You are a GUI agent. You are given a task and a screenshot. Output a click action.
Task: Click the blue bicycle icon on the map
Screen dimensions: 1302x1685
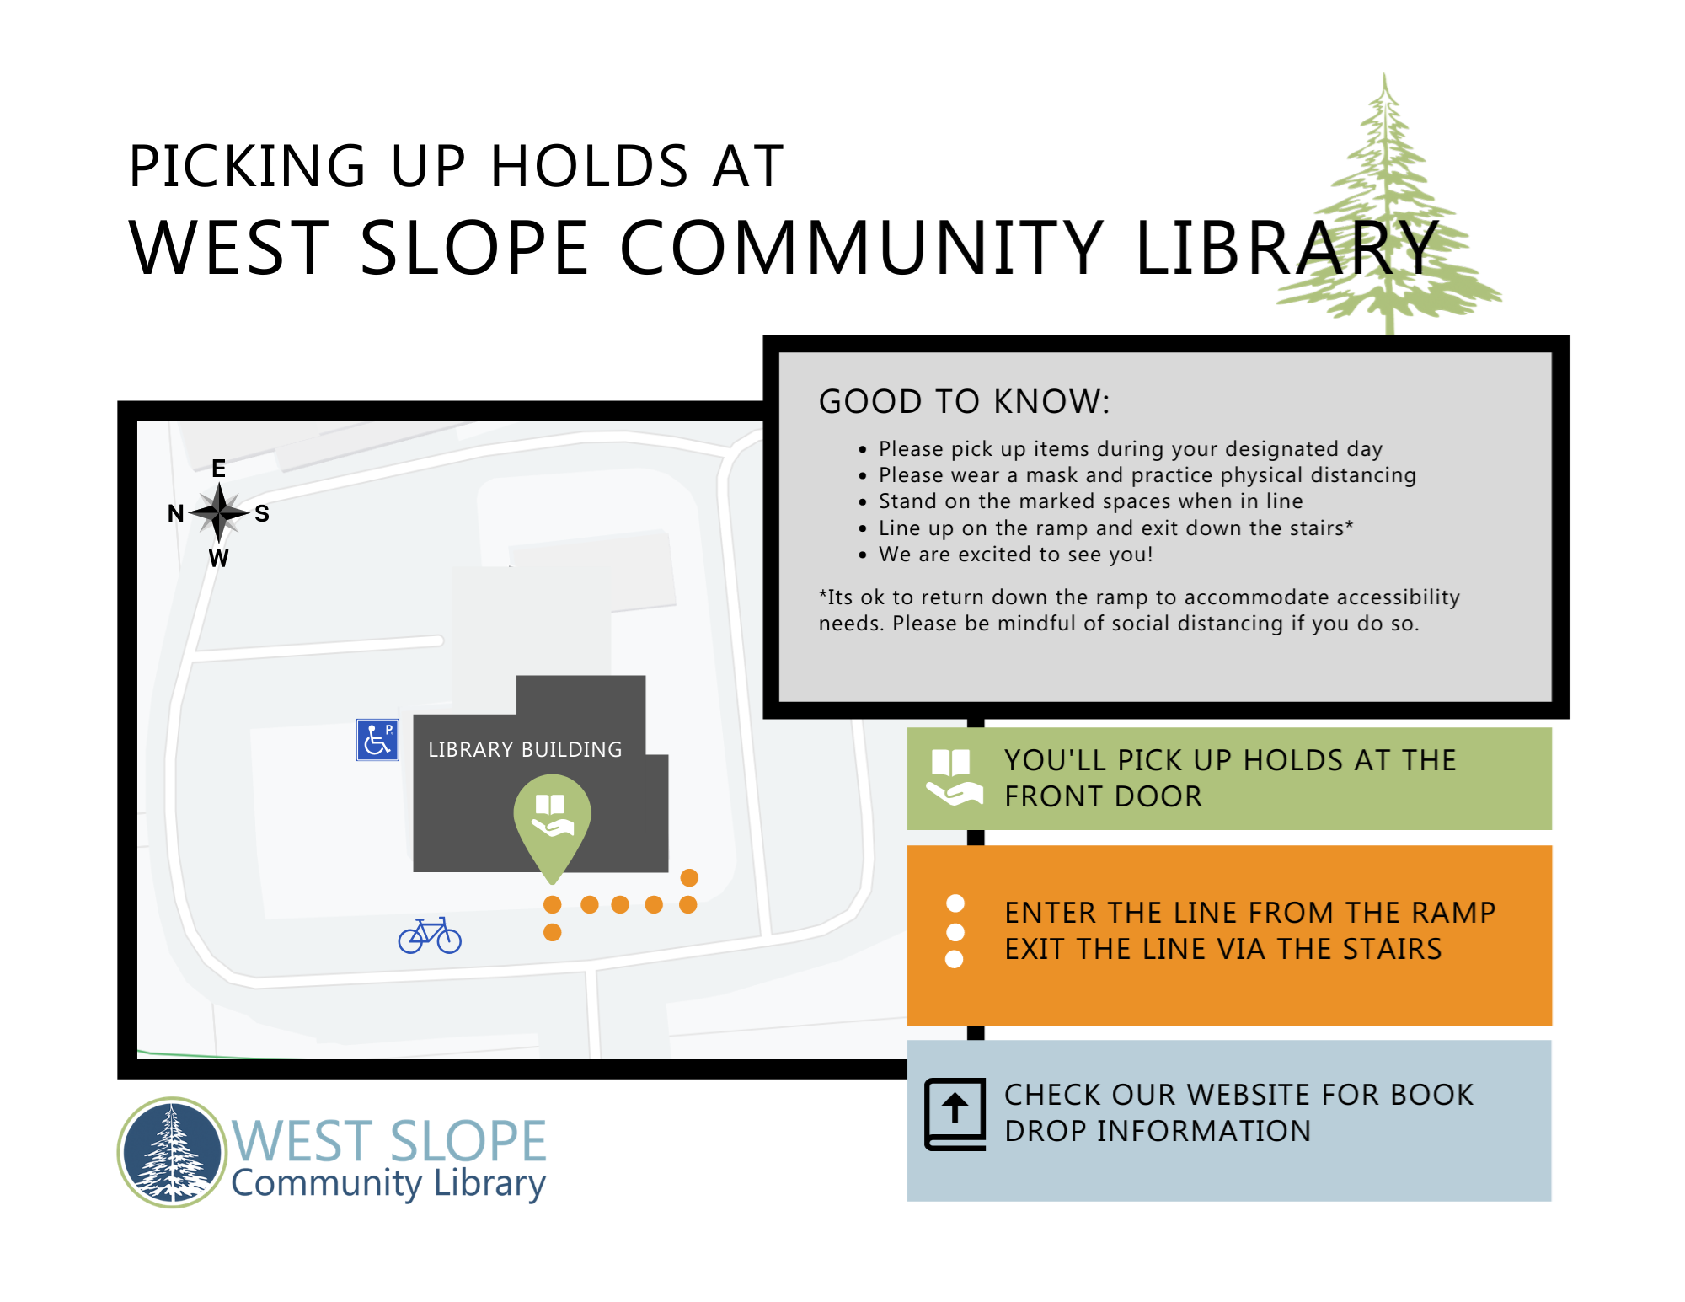click(430, 935)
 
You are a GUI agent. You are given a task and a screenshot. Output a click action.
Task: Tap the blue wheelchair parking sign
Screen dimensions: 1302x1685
click(377, 740)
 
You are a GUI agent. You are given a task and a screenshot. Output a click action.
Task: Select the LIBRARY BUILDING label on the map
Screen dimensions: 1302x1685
click(525, 749)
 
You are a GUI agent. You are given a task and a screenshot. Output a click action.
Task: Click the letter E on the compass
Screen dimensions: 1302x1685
click(219, 469)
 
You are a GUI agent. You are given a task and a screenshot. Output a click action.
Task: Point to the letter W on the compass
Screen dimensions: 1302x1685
click(219, 558)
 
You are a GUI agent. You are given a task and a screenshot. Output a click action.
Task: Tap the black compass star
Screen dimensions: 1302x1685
click(219, 512)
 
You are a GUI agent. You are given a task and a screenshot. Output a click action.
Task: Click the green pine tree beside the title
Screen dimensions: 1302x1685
click(1386, 211)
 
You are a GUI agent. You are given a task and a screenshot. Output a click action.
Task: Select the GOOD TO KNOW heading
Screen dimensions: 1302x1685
click(964, 401)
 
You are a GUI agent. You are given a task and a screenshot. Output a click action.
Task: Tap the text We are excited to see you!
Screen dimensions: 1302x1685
click(1015, 555)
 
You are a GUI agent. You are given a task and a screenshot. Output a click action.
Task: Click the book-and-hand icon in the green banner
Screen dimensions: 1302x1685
click(954, 777)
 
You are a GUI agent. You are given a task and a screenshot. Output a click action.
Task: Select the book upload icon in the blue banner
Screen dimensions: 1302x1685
click(955, 1114)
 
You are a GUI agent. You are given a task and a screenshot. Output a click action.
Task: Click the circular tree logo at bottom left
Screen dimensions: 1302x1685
click(173, 1152)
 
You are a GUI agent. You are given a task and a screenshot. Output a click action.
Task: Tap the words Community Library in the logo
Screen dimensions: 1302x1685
click(388, 1183)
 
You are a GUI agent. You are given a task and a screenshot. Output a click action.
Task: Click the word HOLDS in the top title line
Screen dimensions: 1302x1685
click(590, 166)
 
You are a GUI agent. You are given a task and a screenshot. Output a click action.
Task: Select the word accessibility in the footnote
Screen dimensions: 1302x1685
click(1398, 597)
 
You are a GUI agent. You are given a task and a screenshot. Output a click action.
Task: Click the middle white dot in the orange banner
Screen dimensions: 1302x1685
click(955, 932)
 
